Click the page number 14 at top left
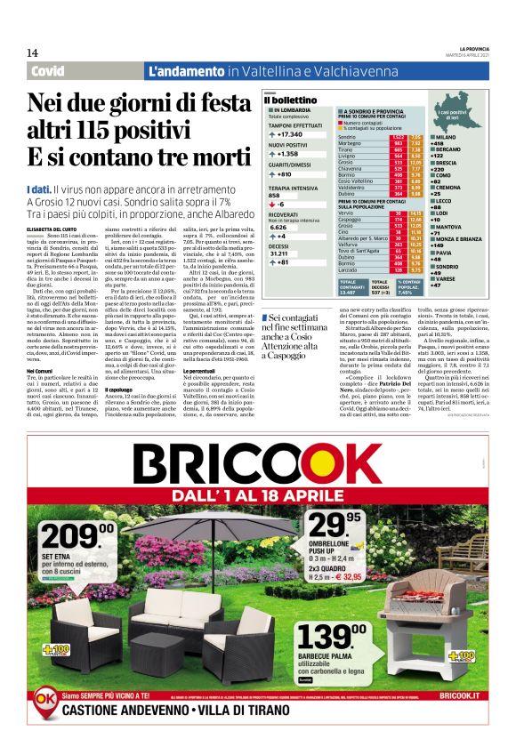click(x=32, y=54)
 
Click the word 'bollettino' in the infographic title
click(x=294, y=100)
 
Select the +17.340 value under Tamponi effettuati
click(x=294, y=133)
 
